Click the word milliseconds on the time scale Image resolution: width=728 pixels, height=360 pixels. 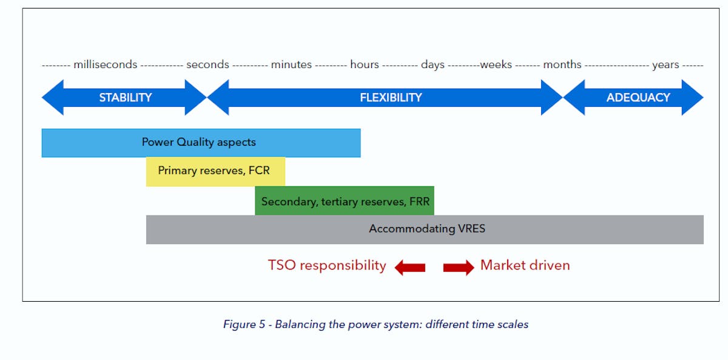[106, 65]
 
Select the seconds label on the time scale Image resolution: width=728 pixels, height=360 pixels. [207, 65]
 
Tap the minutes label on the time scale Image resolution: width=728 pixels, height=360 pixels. [291, 65]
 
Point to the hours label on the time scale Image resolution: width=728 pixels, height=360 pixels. [364, 65]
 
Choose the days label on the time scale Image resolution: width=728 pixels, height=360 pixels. [433, 65]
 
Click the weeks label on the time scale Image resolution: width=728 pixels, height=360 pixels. [496, 65]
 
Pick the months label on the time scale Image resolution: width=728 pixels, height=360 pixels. [562, 65]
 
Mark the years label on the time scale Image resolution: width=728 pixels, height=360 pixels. [666, 65]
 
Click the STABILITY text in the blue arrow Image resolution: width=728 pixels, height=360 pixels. [126, 98]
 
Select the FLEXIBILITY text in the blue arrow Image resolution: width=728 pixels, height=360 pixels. [391, 98]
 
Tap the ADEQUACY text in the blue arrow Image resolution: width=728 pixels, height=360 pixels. [638, 98]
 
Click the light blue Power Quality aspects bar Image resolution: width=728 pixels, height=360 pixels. [200, 143]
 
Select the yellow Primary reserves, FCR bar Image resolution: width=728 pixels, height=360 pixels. [215, 171]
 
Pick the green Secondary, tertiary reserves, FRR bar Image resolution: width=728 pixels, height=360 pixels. [345, 201]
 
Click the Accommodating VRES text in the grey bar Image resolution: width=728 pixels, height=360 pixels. [427, 229]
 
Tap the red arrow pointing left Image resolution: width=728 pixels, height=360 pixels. [410, 267]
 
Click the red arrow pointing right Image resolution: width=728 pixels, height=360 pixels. [459, 267]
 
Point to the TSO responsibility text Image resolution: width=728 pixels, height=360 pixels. [327, 265]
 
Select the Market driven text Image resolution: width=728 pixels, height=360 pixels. [525, 265]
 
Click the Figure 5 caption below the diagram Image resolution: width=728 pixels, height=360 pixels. [376, 324]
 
